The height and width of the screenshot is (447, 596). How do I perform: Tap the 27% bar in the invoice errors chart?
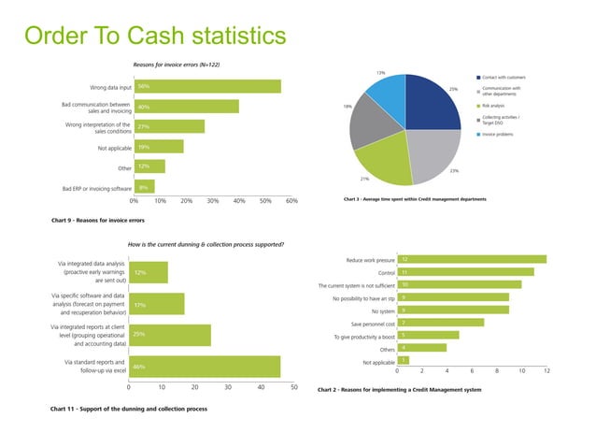[169, 126]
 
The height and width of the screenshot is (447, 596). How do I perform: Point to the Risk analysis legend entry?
[499, 106]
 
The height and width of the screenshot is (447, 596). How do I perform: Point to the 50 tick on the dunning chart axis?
[294, 387]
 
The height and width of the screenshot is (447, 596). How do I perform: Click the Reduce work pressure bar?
[472, 259]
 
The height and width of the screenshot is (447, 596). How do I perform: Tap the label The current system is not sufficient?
[355, 285]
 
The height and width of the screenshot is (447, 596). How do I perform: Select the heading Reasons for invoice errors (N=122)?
[176, 64]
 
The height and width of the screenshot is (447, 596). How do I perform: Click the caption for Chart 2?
[399, 389]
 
